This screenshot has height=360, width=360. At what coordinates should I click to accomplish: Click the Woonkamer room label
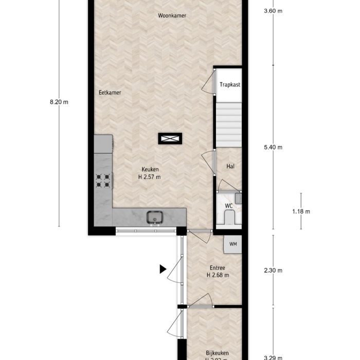(x=172, y=16)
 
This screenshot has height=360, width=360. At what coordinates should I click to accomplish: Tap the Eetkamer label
(x=110, y=93)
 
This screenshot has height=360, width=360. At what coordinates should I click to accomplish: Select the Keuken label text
(x=151, y=170)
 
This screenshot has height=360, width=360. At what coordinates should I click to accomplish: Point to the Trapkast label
(x=230, y=85)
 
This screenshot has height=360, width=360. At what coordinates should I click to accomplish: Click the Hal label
(x=230, y=167)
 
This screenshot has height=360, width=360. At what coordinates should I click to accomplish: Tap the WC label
(x=229, y=206)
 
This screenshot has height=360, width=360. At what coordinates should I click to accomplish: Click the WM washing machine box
(x=232, y=244)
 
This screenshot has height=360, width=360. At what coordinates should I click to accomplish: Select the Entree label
(x=218, y=268)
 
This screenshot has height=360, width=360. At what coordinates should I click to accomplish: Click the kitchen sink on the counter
(x=153, y=218)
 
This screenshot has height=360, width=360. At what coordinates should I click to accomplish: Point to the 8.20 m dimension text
(x=59, y=102)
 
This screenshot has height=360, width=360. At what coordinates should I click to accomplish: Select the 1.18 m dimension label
(x=301, y=211)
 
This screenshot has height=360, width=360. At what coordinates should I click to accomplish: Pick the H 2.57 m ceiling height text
(x=150, y=177)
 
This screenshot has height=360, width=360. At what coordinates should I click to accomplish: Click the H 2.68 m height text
(x=218, y=275)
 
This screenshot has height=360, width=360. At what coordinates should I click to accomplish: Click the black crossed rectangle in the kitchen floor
(x=170, y=138)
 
